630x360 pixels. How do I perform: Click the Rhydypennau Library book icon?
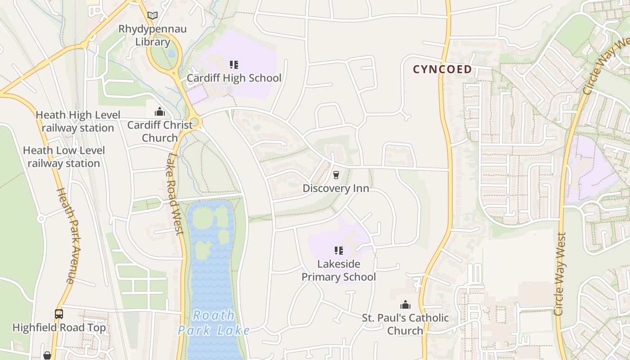(153, 16)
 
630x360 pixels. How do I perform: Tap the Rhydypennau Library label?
(153, 36)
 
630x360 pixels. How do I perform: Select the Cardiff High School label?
(234, 78)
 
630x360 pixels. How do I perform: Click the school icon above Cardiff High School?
(234, 65)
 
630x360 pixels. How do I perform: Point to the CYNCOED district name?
(442, 69)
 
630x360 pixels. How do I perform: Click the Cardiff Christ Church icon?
(160, 112)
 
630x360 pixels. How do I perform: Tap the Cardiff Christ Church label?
(160, 131)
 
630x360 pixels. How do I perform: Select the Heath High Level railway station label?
(78, 121)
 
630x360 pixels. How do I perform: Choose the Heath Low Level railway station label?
(64, 157)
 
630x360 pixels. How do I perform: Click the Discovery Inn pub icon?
(336, 175)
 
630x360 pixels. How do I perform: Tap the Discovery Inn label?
(336, 188)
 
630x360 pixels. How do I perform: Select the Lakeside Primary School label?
(338, 270)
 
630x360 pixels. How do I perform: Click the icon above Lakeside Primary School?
(338, 251)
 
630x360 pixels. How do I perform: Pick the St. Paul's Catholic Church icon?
(405, 305)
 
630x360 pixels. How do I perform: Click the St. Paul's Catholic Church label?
(405, 324)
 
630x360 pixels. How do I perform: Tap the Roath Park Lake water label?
(214, 323)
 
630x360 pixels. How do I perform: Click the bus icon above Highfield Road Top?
(59, 314)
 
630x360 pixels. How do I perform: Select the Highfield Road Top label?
(59, 327)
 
